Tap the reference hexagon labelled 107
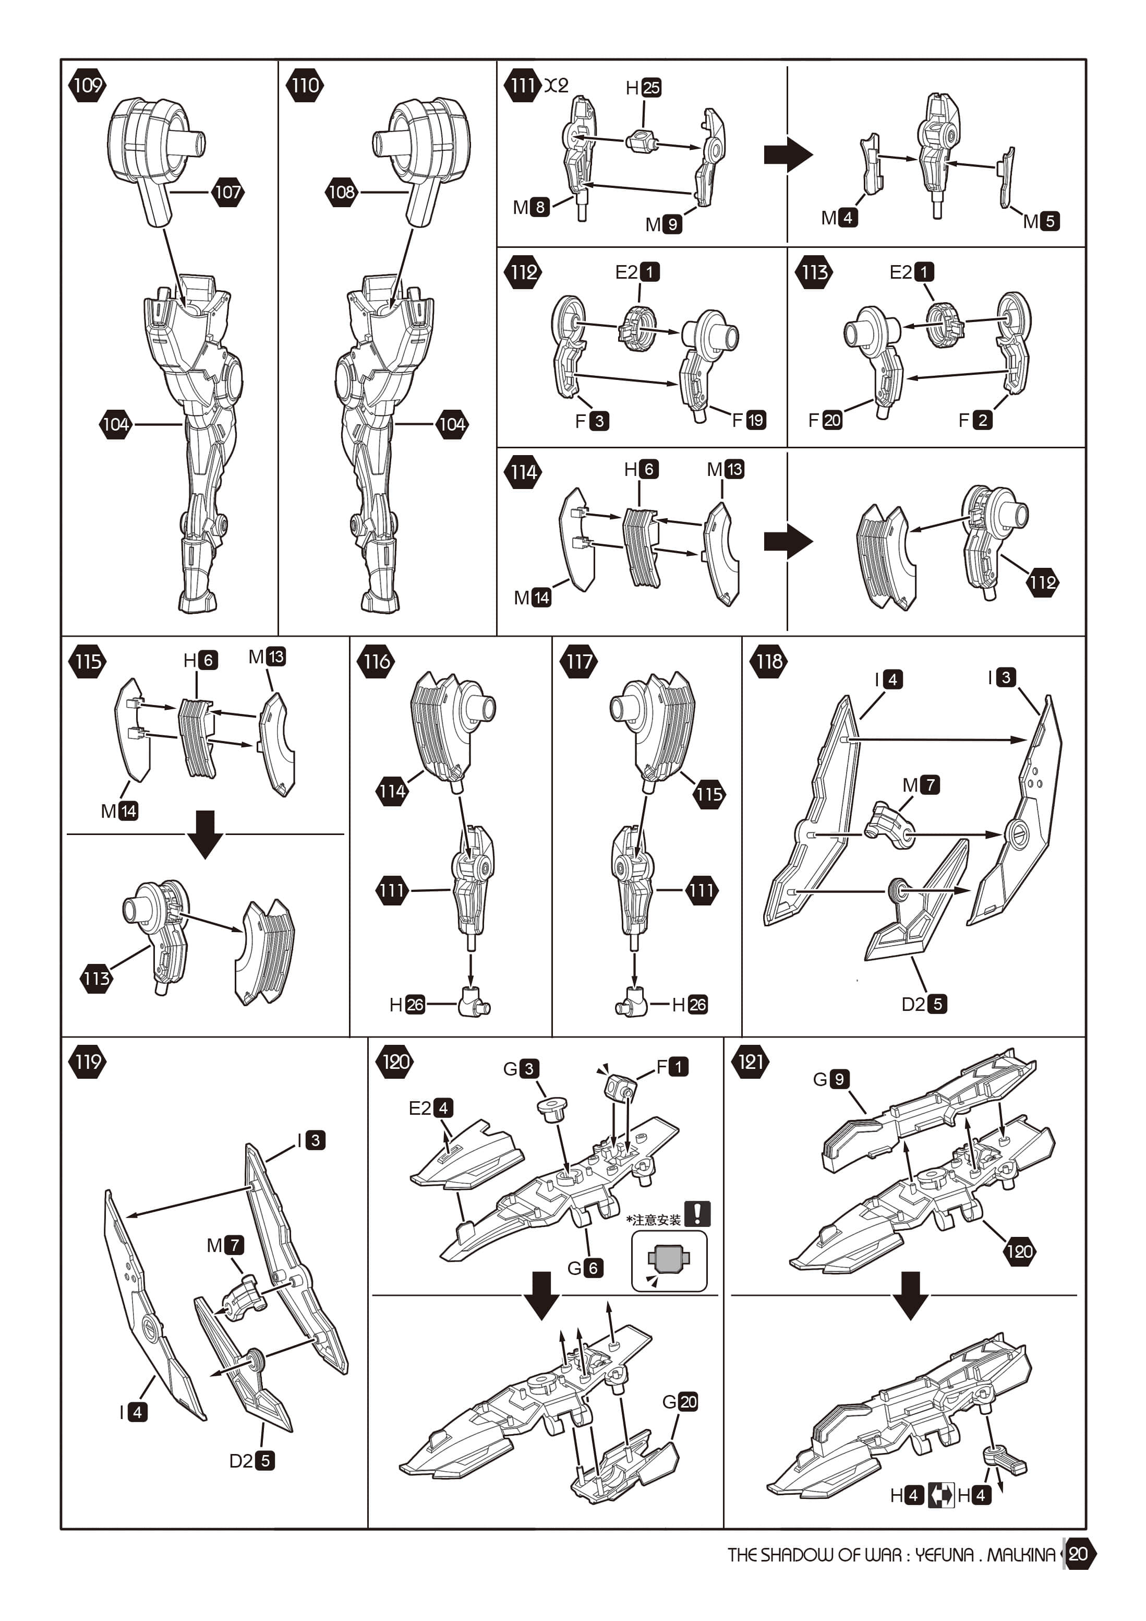227,192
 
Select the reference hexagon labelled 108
342,192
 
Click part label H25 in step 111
643,88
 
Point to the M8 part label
530,207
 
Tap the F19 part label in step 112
749,420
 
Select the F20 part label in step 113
825,420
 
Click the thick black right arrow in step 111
788,154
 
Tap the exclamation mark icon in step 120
697,1213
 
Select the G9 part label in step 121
830,1079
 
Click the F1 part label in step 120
672,1066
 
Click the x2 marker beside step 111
556,86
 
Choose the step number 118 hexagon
769,662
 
